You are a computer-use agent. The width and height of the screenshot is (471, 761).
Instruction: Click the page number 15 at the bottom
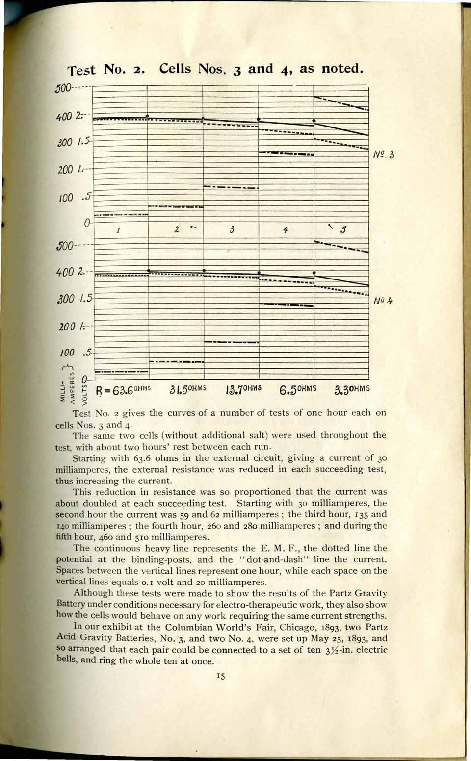tap(220, 677)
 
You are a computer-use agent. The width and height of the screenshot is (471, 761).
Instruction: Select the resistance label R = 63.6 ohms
tap(123, 390)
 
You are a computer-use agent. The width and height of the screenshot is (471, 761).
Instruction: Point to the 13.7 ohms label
tap(243, 390)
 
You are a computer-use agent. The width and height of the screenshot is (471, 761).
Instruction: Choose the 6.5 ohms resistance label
tap(298, 390)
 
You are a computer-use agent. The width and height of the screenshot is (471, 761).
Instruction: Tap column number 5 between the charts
tap(343, 229)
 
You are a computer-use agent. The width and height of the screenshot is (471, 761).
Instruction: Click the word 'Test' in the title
tap(82, 70)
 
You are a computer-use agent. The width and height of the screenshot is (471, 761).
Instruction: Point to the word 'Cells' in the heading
tap(175, 68)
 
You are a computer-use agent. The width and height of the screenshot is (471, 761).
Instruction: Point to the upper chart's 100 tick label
tap(66, 198)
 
